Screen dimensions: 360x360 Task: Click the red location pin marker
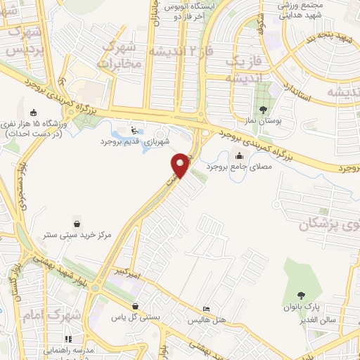pos(181,165)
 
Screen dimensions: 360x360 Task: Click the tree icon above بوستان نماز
pos(264,109)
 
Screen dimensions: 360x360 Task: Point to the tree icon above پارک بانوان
pos(302,295)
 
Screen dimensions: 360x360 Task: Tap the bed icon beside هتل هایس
pos(205,309)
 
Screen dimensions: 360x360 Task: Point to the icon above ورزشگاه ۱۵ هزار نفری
pos(33,112)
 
